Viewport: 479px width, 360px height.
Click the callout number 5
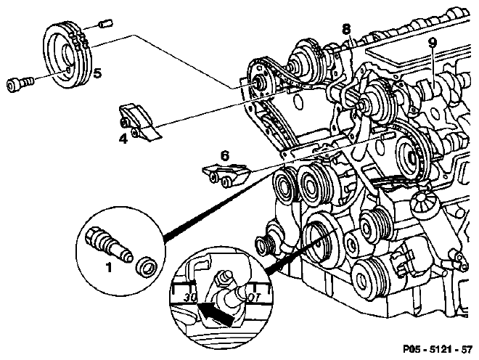click(x=97, y=73)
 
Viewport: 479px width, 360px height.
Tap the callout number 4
click(x=123, y=139)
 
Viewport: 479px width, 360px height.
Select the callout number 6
click(x=224, y=157)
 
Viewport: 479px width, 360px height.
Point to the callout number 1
click(x=108, y=267)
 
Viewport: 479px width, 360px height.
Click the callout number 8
click(x=346, y=30)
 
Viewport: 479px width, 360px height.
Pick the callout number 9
click(x=432, y=44)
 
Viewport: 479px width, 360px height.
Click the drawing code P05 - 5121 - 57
click(x=438, y=349)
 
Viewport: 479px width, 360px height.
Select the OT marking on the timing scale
click(x=254, y=298)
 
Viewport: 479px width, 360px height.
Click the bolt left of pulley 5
click(x=19, y=84)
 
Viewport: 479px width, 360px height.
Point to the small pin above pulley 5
click(x=106, y=23)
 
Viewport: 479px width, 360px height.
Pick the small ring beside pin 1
click(x=146, y=268)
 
